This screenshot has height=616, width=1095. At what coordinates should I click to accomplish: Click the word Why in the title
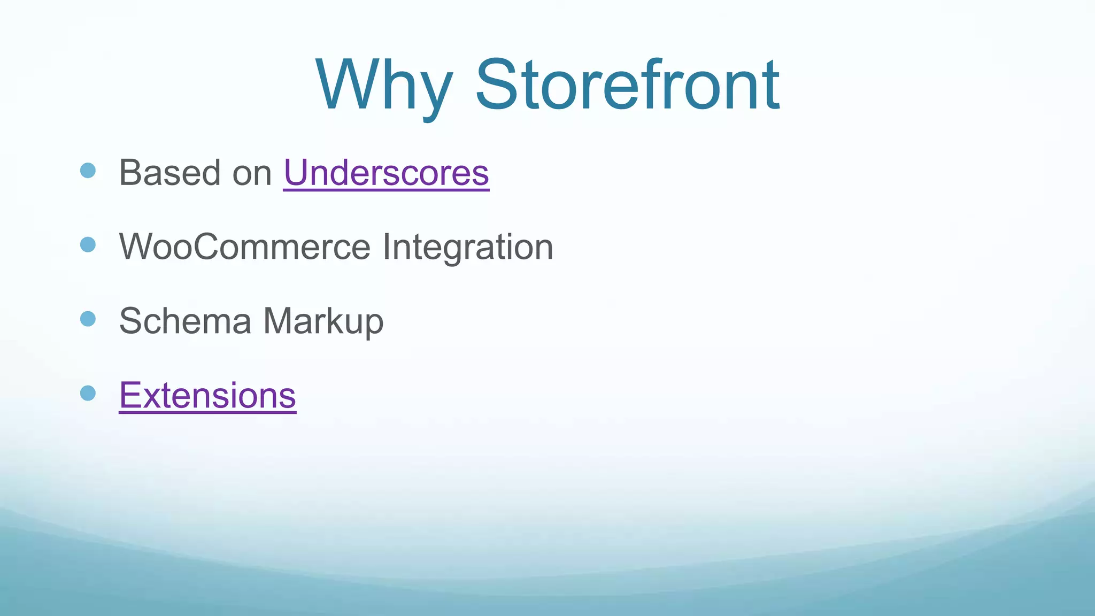point(384,86)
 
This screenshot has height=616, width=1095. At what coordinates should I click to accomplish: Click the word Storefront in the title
point(627,86)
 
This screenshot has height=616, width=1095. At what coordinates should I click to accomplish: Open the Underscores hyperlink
point(386,173)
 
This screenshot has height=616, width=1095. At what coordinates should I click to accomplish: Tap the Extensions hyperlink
point(207,396)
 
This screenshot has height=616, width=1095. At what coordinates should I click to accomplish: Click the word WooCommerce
point(245,247)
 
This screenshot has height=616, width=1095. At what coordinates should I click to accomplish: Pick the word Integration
point(468,247)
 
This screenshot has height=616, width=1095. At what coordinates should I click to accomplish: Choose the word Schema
point(185,321)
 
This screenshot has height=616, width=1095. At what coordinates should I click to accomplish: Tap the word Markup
point(323,321)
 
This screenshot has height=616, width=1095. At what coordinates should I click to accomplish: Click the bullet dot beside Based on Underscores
point(88,171)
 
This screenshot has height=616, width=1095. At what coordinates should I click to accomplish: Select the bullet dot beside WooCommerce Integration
point(88,245)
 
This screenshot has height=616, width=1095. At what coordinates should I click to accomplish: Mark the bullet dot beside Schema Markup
point(88,319)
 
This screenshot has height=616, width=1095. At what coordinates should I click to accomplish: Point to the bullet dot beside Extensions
point(88,393)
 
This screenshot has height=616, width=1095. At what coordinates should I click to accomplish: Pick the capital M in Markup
point(279,321)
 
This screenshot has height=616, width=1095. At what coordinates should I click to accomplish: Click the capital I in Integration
point(386,247)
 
